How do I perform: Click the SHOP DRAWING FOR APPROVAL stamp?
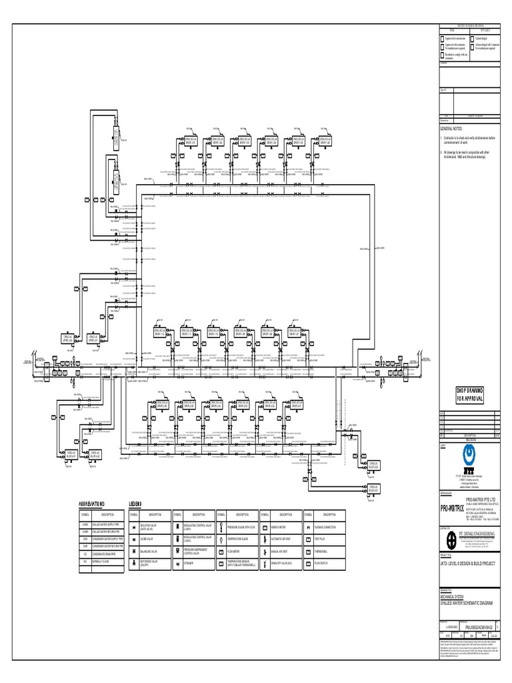click(470, 394)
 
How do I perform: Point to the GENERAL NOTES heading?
click(451, 128)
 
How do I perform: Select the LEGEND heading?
click(135, 504)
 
